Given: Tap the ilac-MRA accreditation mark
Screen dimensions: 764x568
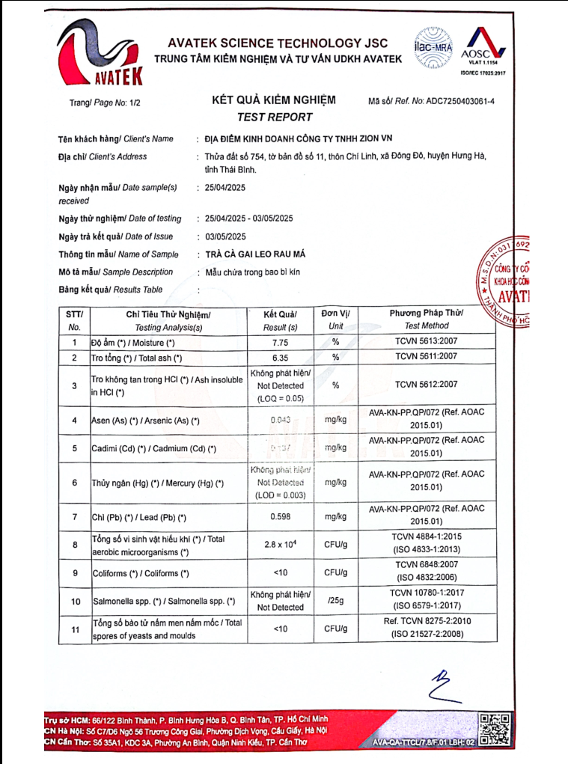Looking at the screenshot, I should point(433,45).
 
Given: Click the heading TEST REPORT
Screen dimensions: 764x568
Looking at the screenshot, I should point(274,117).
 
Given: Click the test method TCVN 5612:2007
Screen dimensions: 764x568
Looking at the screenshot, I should point(426,385).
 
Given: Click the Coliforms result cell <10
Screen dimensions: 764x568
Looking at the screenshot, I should point(280,573).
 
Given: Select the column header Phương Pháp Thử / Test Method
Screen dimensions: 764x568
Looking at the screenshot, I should point(426,319).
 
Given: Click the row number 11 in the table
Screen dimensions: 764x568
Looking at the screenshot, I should point(74,629).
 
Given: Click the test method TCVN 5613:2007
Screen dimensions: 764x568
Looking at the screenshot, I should point(426,342).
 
